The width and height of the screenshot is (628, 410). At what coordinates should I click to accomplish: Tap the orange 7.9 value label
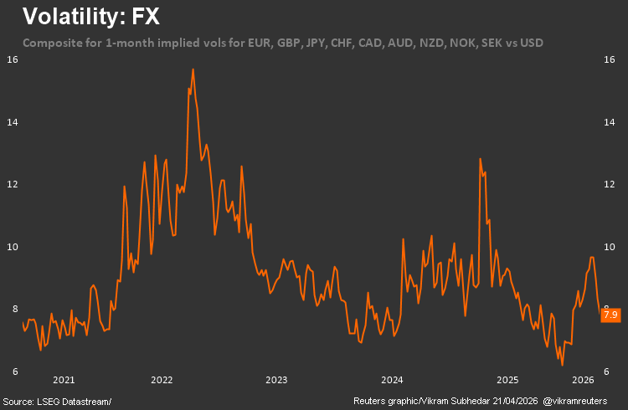[610, 315]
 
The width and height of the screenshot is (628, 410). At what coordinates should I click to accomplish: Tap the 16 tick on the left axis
[13, 59]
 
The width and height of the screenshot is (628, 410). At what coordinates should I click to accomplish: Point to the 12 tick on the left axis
[13, 184]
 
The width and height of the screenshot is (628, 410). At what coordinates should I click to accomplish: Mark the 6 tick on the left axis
[14, 372]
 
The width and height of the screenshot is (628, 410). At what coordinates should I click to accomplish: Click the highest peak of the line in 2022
[193, 69]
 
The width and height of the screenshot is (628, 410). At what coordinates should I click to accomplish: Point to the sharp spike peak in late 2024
[480, 159]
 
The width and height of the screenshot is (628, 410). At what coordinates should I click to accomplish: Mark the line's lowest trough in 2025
[562, 365]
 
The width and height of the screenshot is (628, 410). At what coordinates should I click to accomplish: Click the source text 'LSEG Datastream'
[75, 402]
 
